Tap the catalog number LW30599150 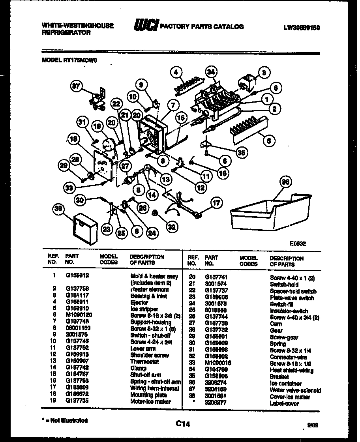301,27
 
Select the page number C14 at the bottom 183,424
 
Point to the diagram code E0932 297,243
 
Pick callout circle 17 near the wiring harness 216,203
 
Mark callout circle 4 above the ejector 177,72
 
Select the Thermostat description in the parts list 144,362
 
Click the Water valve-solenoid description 295,390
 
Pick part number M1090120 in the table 78,316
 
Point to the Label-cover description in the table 284,403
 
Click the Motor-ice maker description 150,401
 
